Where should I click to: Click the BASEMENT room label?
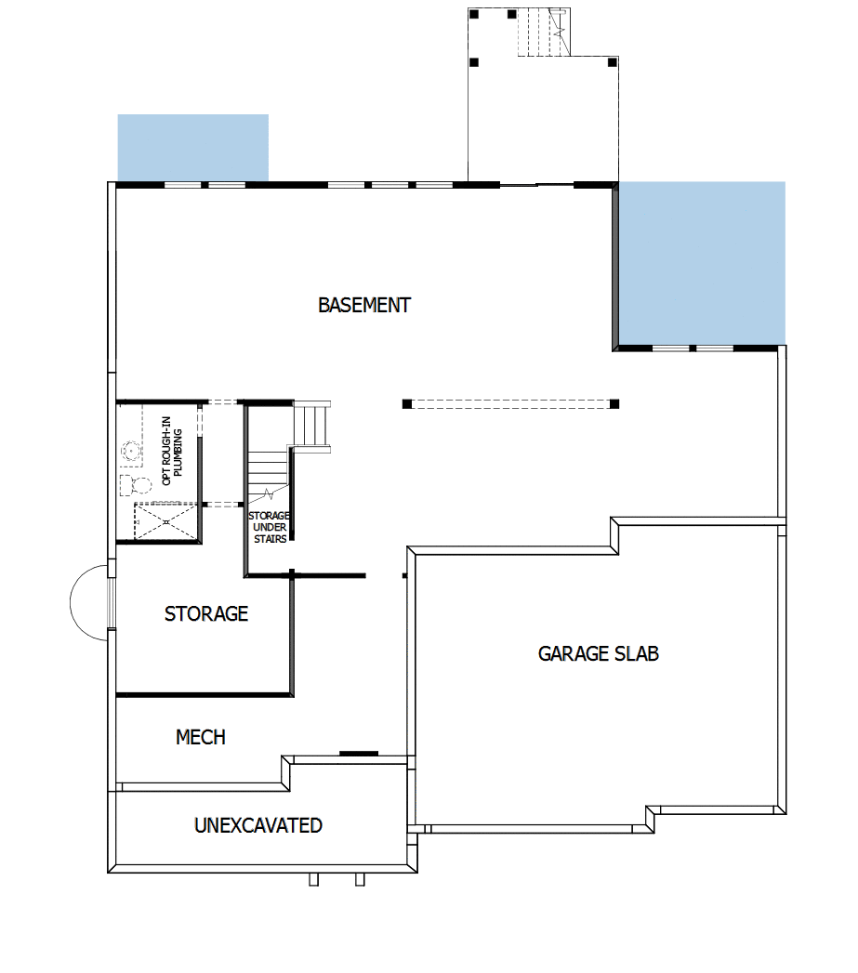(363, 305)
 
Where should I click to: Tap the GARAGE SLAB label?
(598, 653)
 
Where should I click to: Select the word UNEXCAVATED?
(257, 825)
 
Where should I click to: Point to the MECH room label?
(200, 737)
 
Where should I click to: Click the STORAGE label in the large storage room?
(205, 613)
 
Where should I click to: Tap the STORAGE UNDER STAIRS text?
(269, 527)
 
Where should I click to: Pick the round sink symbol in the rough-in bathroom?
(131, 452)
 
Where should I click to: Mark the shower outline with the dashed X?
(166, 521)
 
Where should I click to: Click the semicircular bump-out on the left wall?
(89, 602)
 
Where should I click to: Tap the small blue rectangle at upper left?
(192, 147)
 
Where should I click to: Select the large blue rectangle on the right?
(702, 262)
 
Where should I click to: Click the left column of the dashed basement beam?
(407, 404)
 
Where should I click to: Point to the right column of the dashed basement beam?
(614, 404)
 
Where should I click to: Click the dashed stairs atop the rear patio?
(543, 33)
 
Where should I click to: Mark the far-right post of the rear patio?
(612, 62)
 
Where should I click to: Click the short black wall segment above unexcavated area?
(358, 753)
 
